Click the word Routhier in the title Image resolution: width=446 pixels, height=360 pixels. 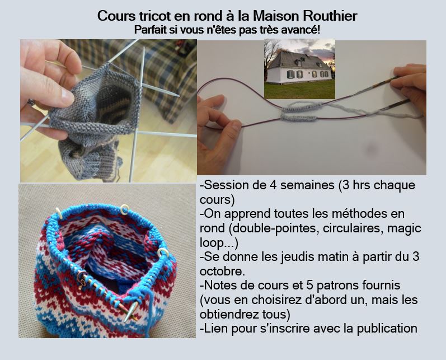[x=330, y=16]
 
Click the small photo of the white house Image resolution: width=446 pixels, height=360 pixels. [x=299, y=69]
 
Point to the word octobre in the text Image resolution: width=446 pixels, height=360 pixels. [x=222, y=271]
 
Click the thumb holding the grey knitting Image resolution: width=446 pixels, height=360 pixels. [x=55, y=93]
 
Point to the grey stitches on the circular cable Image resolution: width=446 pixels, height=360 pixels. [x=302, y=112]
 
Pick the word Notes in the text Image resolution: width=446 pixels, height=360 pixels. [x=218, y=286]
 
